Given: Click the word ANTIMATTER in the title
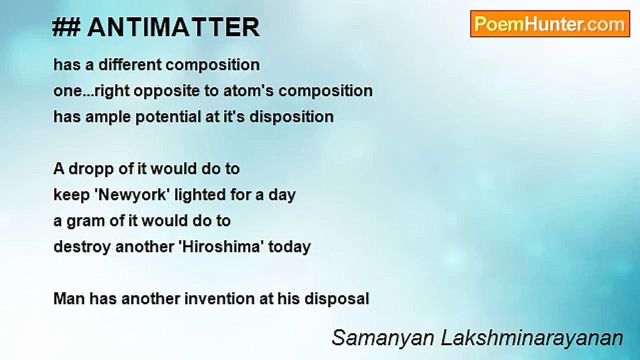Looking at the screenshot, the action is [173, 27].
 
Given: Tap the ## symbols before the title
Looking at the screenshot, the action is [66, 27].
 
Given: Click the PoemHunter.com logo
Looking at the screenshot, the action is [550, 24].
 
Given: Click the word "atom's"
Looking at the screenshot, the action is [248, 91].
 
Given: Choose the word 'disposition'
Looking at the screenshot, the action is [291, 117].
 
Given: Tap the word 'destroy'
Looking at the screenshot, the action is [82, 247].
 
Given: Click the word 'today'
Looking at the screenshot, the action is [289, 247].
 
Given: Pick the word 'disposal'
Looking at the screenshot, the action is [336, 299].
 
